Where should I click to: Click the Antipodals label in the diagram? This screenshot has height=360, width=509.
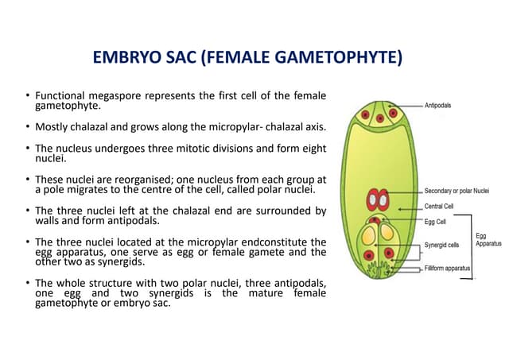[439, 104]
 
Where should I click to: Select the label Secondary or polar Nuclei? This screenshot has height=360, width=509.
[457, 192]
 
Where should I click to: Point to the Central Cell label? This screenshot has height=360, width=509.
[440, 207]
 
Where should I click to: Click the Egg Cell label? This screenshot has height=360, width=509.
[435, 221]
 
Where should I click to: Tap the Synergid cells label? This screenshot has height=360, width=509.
[442, 246]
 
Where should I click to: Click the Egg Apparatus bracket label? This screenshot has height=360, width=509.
[488, 240]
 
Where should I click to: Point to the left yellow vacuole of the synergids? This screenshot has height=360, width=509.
[369, 235]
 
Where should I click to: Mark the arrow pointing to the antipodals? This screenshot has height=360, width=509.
[406, 105]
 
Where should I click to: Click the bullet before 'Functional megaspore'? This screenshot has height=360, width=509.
[27, 97]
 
